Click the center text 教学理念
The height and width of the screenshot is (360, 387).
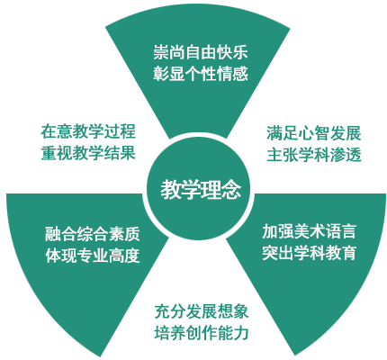click(x=201, y=190)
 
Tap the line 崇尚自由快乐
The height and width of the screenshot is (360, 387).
click(x=201, y=52)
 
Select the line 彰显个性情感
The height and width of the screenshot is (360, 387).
click(x=201, y=73)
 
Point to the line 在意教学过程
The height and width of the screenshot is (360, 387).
click(x=88, y=131)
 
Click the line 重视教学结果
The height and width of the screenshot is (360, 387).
click(x=88, y=152)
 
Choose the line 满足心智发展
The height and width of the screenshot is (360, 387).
click(x=314, y=133)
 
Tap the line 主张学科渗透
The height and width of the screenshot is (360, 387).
click(x=314, y=155)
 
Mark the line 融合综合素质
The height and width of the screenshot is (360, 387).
click(x=93, y=234)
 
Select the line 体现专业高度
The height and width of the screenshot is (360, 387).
click(x=93, y=256)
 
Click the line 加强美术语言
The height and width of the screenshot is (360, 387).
click(x=310, y=231)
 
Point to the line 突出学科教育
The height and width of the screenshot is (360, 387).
click(x=310, y=253)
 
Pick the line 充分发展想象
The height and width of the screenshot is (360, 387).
click(x=202, y=311)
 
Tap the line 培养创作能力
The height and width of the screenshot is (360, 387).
click(x=202, y=333)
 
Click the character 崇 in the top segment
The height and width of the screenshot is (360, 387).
click(x=161, y=52)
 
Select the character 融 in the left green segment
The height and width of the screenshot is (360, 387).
click(x=53, y=234)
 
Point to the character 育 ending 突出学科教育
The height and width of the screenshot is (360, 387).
click(x=349, y=253)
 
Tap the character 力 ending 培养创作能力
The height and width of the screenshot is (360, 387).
click(x=241, y=333)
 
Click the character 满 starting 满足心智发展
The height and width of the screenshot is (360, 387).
click(x=274, y=133)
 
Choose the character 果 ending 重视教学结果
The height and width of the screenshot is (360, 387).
click(x=128, y=152)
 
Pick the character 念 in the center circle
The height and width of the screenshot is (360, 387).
click(x=231, y=190)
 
